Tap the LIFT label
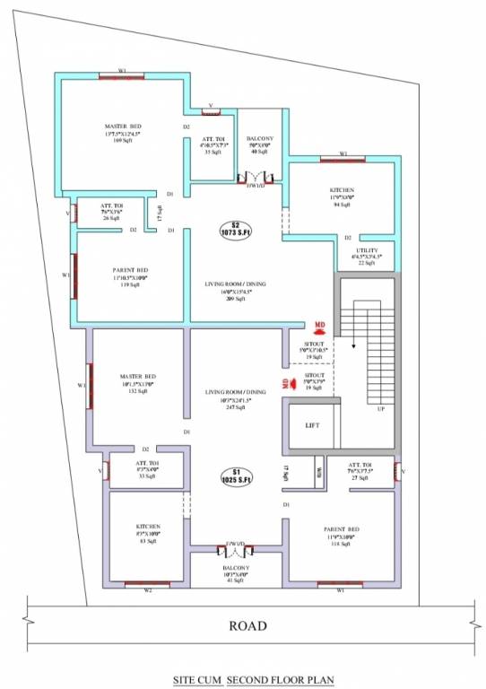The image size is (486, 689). click(x=312, y=426)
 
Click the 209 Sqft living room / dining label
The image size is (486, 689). click(x=236, y=291)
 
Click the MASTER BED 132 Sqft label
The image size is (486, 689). click(x=137, y=382)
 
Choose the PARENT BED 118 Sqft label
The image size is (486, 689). click(x=342, y=536)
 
